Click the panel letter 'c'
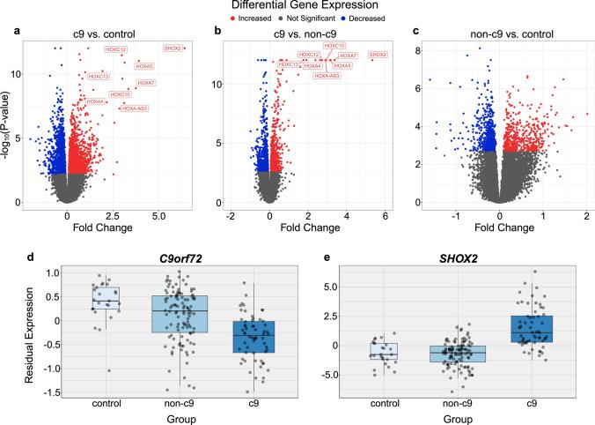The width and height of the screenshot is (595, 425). point(416,33)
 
